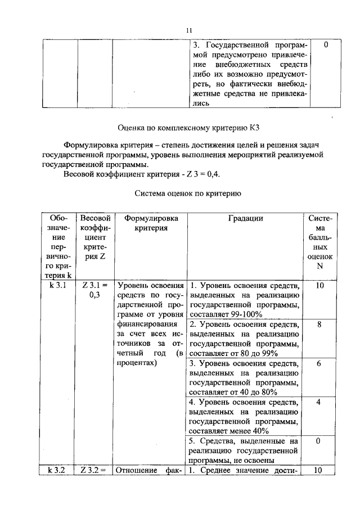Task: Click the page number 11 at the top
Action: tap(189, 30)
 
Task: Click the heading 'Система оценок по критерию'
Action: tap(188, 194)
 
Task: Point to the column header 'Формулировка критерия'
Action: tap(150, 223)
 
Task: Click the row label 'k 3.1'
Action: tap(58, 286)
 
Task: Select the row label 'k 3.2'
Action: tap(58, 471)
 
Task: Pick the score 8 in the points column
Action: tap(318, 325)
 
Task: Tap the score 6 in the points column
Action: tap(318, 364)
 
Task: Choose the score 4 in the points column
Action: tap(318, 403)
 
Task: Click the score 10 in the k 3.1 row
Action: tap(318, 286)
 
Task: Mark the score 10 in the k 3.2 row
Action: tap(318, 471)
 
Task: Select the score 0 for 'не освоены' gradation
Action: tap(318, 442)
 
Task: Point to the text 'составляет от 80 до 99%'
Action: tap(234, 353)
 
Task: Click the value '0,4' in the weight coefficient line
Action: tap(213, 174)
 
